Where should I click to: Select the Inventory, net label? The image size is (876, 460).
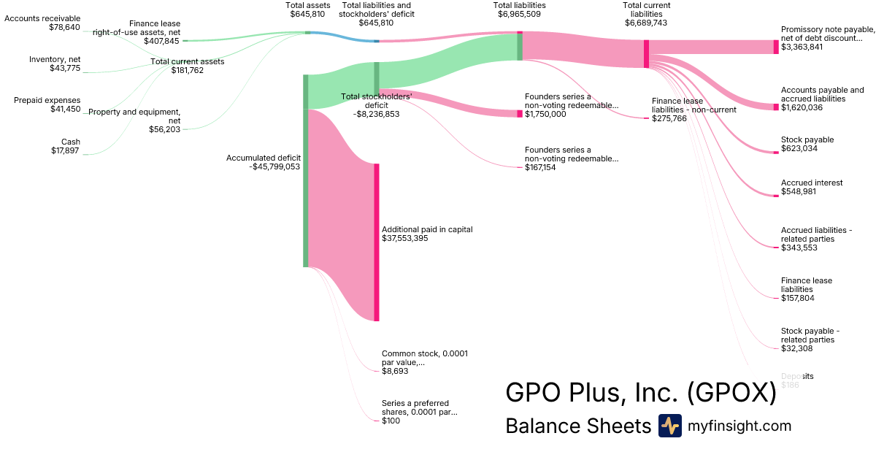coord(55,59)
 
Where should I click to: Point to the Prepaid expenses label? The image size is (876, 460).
coord(47,100)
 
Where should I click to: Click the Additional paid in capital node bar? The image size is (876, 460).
coord(377,242)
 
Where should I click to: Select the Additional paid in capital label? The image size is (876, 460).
coord(427,229)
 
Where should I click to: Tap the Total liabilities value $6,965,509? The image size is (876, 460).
coord(519,15)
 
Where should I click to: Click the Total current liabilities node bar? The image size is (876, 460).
coord(646,53)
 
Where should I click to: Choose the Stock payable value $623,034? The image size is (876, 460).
coord(799,148)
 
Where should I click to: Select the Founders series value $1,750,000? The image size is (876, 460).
coord(545,114)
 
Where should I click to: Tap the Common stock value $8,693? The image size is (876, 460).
coord(395,371)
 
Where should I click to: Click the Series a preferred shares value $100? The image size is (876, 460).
coord(391,421)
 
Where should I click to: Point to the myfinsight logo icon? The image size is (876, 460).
coord(669,426)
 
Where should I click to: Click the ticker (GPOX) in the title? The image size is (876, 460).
coord(731,393)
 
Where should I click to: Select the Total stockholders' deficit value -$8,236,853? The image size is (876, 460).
coord(376,114)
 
